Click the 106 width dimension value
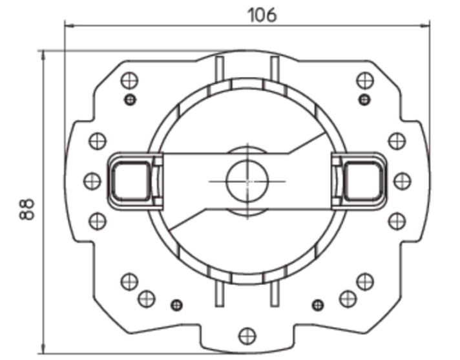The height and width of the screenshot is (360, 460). tap(262, 14)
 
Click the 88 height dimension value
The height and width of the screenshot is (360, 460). tap(26, 209)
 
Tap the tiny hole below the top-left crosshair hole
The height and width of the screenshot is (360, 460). tap(131, 99)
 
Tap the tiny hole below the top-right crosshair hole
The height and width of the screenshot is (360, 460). tap(365, 99)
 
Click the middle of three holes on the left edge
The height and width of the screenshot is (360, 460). tap(92, 180)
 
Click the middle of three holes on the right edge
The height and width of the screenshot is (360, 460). tap(402, 180)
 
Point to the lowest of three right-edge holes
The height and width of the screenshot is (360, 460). tap(397, 221)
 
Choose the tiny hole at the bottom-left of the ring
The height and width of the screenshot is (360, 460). tap(176, 304)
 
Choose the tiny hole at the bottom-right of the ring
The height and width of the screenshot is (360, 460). tap(318, 304)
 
